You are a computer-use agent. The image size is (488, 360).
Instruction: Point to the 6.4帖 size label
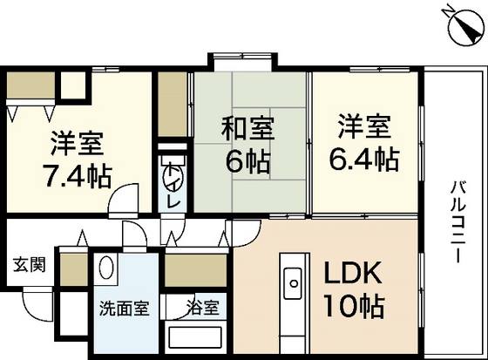tap(363, 160)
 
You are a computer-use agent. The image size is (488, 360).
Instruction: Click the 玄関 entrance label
tap(28, 263)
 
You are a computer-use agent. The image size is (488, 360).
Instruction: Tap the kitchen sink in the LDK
tap(291, 281)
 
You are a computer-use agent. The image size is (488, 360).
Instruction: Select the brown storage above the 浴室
tap(196, 273)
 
